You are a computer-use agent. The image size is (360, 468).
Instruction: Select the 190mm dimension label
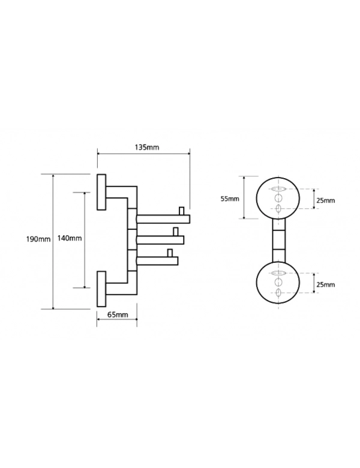point(38,239)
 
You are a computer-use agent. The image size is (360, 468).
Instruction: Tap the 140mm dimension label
point(70,238)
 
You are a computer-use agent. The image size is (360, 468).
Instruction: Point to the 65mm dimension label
point(118,314)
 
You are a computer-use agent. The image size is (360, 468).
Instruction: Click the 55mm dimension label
point(230,199)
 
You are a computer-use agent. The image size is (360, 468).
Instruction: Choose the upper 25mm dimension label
point(326,200)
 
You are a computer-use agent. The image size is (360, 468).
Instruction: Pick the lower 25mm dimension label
point(326,285)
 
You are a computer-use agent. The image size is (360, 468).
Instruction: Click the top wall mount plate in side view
point(101,192)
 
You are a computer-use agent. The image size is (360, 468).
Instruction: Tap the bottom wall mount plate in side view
point(101,289)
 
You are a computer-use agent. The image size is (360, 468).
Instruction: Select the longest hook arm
point(163,219)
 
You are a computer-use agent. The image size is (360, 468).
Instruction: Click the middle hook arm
point(160,240)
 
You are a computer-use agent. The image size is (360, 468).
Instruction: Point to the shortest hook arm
point(157,260)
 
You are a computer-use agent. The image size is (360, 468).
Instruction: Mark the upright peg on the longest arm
point(181,211)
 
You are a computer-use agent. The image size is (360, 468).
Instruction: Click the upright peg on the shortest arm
point(170,253)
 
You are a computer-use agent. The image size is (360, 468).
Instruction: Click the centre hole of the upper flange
point(278,198)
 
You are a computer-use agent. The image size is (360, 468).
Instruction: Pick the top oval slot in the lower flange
point(278,273)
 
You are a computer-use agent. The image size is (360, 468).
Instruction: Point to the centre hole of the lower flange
point(278,282)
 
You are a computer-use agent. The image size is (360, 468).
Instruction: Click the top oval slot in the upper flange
point(278,189)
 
